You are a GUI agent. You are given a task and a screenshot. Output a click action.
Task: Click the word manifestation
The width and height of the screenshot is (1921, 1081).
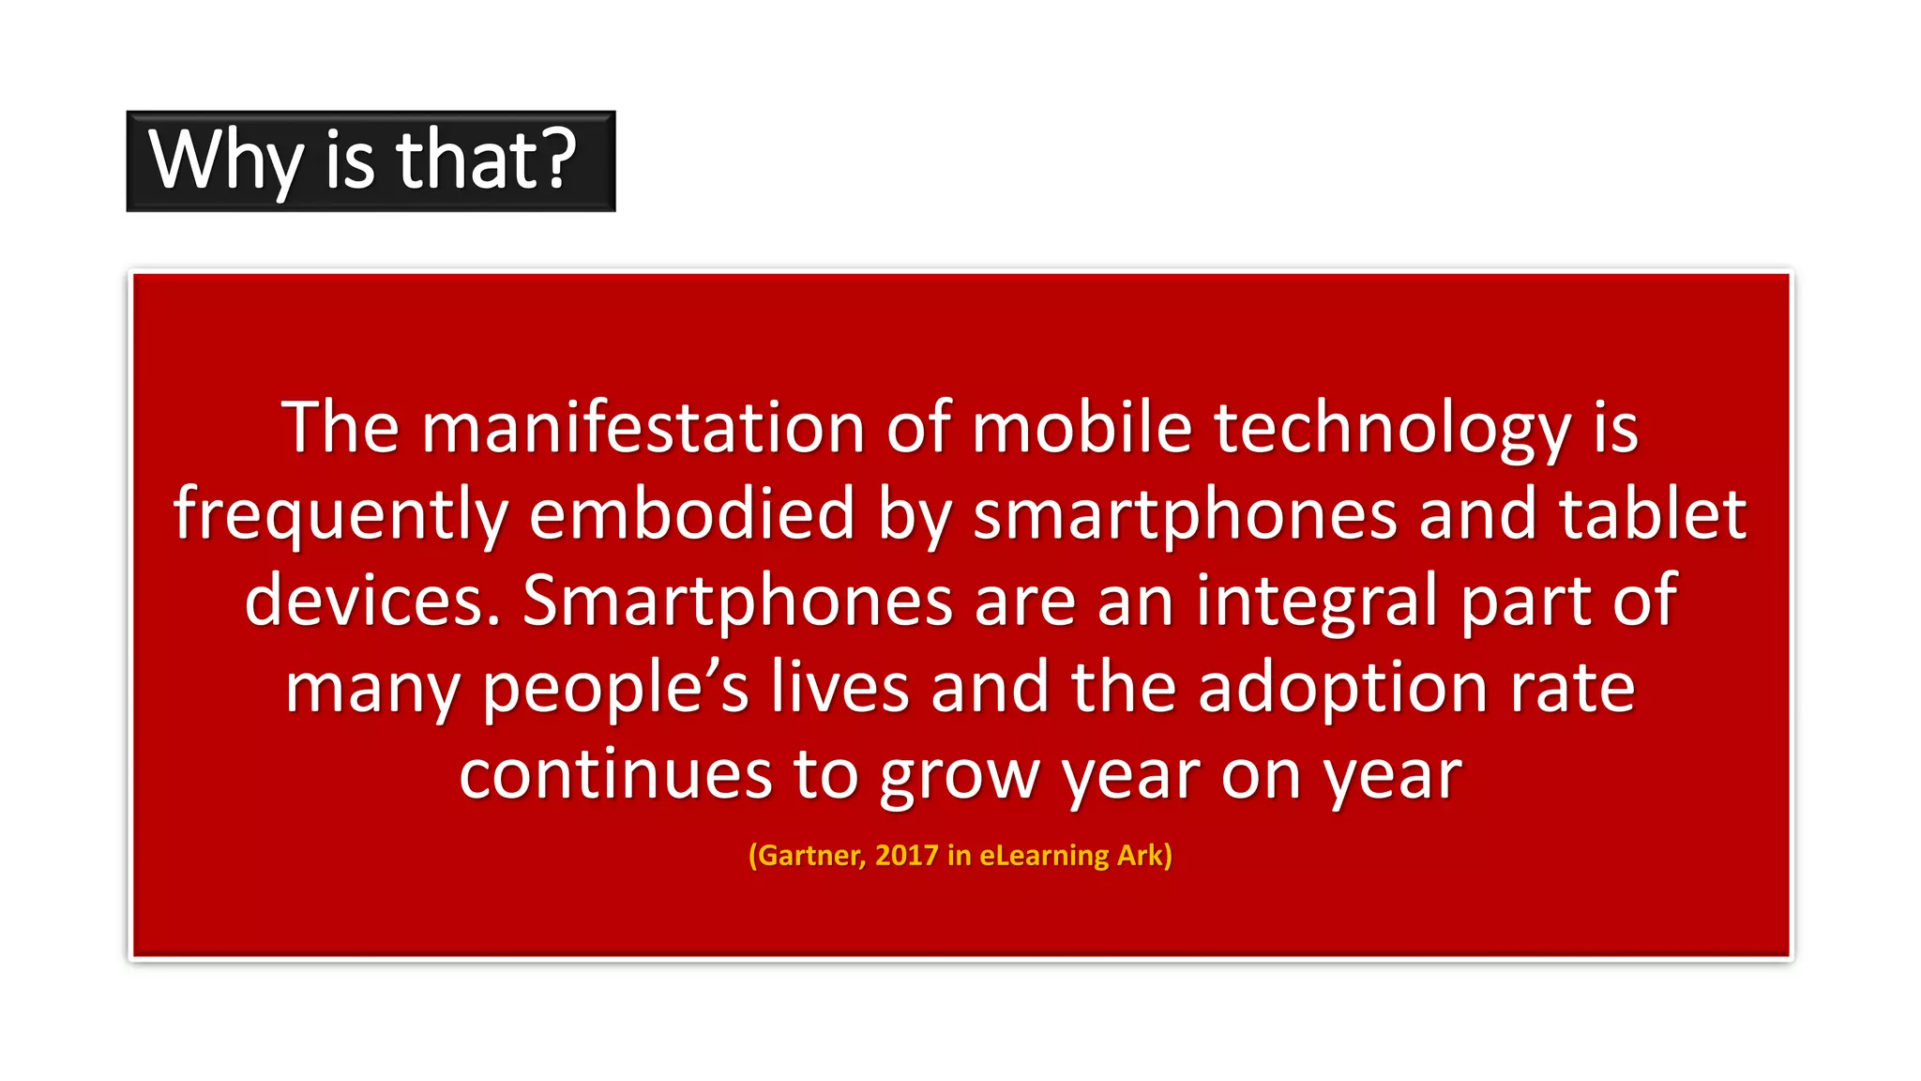[x=643, y=428]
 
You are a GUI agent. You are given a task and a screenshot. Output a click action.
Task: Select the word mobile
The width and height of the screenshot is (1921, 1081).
[x=1081, y=428]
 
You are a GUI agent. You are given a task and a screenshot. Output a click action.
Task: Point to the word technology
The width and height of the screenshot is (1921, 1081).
[x=1392, y=430]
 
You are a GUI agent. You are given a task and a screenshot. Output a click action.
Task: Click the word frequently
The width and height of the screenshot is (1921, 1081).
[x=340, y=516]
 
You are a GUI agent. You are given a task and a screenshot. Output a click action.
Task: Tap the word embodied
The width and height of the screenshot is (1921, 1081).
[x=692, y=514]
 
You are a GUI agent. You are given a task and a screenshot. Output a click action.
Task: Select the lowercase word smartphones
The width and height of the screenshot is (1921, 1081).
[x=1185, y=516]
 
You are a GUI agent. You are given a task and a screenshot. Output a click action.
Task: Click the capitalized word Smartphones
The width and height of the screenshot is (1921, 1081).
[x=737, y=601]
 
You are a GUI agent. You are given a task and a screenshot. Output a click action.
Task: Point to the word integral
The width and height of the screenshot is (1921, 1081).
[x=1317, y=602]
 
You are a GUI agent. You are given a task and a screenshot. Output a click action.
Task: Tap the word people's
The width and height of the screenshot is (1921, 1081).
[x=615, y=689]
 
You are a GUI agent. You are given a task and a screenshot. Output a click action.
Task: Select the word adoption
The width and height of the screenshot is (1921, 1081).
[x=1342, y=689]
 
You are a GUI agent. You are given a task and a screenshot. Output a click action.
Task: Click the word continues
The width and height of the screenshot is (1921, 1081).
[x=614, y=775]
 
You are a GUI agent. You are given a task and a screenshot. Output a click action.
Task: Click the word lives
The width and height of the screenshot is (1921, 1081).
[x=839, y=687]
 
